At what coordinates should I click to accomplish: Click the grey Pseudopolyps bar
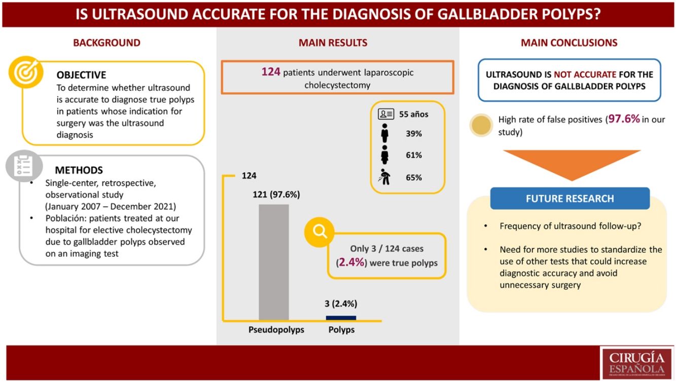[x=274, y=261]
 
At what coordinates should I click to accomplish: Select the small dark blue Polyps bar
[x=341, y=318]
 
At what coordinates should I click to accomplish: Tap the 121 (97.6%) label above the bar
[x=276, y=195]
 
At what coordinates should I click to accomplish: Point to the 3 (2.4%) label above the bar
[x=341, y=304]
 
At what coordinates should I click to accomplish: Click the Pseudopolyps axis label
[x=276, y=330]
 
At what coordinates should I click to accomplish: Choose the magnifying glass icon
[x=319, y=232]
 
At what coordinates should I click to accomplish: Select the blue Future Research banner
[x=570, y=199]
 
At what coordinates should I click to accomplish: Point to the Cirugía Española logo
[x=636, y=363]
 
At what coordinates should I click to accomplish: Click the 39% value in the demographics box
[x=413, y=134]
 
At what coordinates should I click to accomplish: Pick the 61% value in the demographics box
[x=413, y=155]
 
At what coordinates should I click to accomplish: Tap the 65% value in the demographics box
[x=413, y=177]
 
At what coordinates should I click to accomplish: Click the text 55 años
[x=413, y=114]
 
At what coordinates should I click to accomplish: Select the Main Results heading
[x=333, y=43]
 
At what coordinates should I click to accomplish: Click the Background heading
[x=106, y=43]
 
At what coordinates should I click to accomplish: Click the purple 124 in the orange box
[x=271, y=72]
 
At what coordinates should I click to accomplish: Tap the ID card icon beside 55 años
[x=386, y=114]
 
